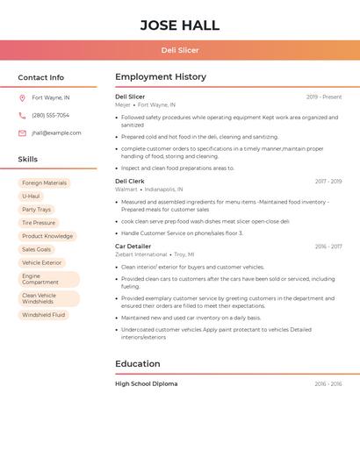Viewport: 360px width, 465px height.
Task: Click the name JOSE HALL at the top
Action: point(180,25)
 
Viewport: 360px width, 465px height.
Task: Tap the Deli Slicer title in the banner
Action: point(180,50)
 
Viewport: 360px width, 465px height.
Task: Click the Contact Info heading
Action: point(41,77)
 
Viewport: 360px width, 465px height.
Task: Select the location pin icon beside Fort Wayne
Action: point(22,97)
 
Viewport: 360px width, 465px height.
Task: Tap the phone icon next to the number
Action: point(22,115)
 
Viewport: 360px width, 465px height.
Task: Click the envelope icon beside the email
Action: point(22,132)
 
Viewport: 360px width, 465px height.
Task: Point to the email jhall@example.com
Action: point(56,132)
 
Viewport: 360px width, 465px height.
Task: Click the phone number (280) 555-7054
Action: point(50,115)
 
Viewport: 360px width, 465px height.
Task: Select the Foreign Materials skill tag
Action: point(44,183)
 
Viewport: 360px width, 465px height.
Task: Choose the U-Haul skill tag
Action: point(31,197)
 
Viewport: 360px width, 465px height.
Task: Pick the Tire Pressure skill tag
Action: point(39,223)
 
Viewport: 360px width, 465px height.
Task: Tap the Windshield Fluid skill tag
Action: point(44,314)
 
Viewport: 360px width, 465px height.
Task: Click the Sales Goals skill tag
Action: point(36,249)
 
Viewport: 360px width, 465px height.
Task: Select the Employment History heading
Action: point(161,77)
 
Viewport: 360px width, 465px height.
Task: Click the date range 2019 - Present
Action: point(324,97)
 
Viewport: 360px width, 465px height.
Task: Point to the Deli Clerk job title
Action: point(130,182)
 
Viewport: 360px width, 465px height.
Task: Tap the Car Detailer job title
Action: point(133,247)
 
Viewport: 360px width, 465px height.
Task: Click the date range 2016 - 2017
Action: point(328,247)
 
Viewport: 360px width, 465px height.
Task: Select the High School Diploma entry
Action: point(146,383)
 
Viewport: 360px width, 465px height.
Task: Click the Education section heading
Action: point(138,363)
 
